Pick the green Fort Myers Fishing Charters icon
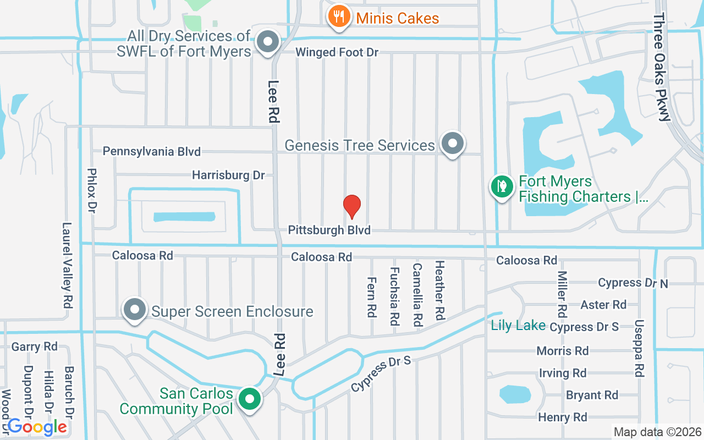point(502,186)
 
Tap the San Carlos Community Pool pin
point(250,399)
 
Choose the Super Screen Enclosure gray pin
point(135,310)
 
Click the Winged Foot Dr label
point(337,52)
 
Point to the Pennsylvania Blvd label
point(152,151)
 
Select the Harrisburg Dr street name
point(228,175)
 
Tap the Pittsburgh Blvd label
point(329,230)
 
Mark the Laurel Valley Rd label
point(68,265)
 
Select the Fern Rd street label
point(371,296)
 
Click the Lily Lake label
point(518,326)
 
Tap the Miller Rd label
point(562,294)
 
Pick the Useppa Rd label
point(639,349)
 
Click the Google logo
point(37,426)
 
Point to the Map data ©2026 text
point(657,432)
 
